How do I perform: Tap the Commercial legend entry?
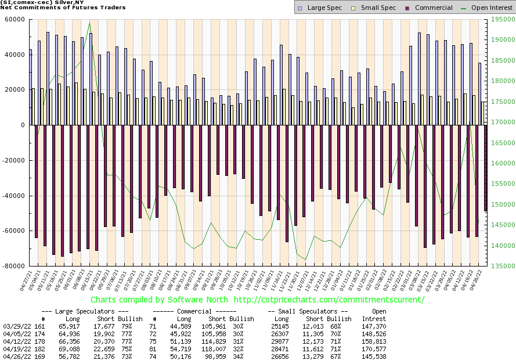(x=429, y=8)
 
